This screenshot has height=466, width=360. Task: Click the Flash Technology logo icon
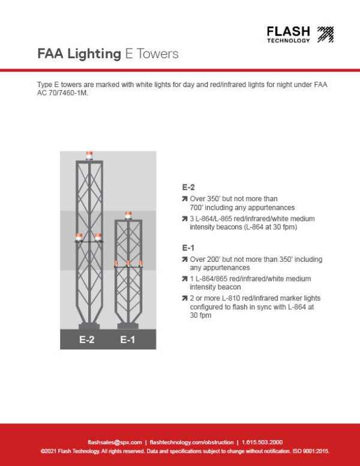325,34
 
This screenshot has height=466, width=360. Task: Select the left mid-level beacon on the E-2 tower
78,237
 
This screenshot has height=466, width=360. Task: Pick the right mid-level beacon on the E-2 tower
98,237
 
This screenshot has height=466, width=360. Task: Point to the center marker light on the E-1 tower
128,264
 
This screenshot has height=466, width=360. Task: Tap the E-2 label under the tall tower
87,340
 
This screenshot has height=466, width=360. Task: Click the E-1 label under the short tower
127,340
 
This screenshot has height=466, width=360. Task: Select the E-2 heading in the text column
188,187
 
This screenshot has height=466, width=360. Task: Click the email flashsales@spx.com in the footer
115,442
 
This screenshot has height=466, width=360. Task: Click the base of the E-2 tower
88,326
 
